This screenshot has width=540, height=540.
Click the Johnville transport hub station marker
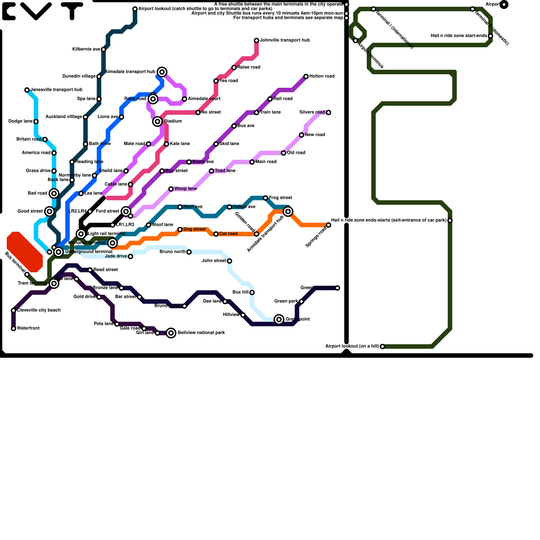pos(256,40)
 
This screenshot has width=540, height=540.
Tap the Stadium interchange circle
pos(158,122)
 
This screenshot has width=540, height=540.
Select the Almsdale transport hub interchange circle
pos(162,72)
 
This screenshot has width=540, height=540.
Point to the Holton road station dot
pos(306,77)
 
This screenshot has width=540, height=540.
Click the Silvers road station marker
pos(328,112)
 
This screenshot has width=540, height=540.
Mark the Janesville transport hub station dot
pos(27,90)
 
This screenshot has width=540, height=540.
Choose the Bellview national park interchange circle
pos(171,333)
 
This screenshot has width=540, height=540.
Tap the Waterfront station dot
pos(13,328)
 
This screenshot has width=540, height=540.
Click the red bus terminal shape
pos(25,252)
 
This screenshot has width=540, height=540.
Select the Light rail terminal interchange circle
pos(81,234)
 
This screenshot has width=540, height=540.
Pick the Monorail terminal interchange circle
pos(113,243)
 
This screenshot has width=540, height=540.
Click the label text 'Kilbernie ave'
pos(86,49)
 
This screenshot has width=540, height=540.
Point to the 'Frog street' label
pos(280,198)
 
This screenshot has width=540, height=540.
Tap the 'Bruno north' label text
pos(172,252)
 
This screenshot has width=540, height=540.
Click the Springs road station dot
pos(328,225)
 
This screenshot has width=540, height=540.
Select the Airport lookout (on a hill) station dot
pos(382,347)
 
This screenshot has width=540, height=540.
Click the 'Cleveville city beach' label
pos(39,310)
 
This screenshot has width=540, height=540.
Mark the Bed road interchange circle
pos(54,193)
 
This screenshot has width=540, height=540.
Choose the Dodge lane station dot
pos(36,122)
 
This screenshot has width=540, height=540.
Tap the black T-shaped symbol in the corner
pos(72,10)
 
